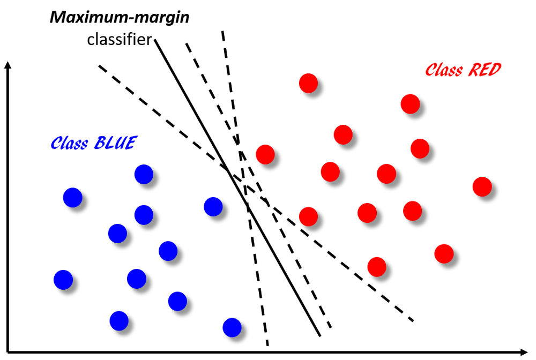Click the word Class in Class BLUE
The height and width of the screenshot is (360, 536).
[69, 144]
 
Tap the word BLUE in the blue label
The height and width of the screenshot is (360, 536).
[115, 143]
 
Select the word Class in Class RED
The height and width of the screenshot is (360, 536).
[444, 70]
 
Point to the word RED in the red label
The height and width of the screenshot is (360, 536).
[485, 70]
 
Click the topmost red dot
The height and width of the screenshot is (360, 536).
[308, 83]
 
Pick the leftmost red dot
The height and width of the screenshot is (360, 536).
[265, 154]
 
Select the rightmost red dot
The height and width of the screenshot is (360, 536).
[482, 186]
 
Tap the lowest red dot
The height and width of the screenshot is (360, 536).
[377, 267]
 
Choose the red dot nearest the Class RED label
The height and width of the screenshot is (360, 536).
[410, 104]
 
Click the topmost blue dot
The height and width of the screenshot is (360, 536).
[144, 174]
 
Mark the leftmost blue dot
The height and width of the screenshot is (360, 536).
[63, 280]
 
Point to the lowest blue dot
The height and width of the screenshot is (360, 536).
[232, 327]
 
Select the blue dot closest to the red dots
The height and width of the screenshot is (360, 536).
[213, 207]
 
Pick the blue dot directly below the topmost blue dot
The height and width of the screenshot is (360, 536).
[144, 215]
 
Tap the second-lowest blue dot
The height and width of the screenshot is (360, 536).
[119, 321]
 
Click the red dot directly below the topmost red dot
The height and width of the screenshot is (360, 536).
[308, 216]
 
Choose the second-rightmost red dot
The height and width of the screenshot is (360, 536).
[444, 253]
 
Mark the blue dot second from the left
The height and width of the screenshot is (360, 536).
[72, 198]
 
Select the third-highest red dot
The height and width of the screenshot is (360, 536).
[343, 134]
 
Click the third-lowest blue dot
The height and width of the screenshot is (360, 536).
[177, 301]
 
